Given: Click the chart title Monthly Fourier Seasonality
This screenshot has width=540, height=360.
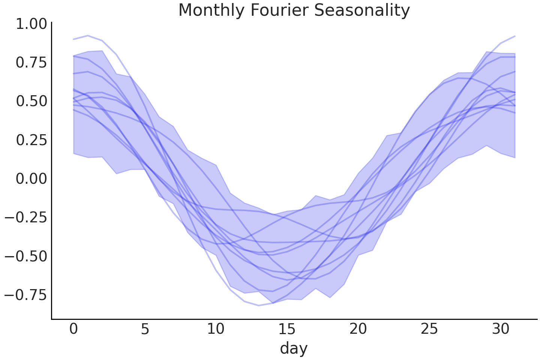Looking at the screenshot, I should [294, 10].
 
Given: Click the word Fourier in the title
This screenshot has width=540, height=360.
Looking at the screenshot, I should [279, 10].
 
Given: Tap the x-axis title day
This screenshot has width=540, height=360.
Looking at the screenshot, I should [294, 348].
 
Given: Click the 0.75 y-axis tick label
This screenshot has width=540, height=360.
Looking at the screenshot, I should [31, 63].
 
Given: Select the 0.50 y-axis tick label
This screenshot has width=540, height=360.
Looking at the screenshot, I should [31, 101].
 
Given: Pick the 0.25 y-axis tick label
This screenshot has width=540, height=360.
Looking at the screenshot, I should [31, 140].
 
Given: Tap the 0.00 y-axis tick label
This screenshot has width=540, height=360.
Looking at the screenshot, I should [31, 179].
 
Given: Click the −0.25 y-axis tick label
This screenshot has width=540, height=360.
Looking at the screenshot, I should [26, 217].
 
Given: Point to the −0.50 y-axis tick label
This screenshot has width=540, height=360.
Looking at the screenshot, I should [26, 256].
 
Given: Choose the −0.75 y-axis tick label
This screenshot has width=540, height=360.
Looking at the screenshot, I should [26, 295].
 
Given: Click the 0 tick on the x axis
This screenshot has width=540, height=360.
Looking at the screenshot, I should [73, 329].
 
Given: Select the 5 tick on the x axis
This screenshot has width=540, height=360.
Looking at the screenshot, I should [145, 329].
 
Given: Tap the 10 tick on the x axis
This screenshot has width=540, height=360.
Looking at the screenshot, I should [216, 329].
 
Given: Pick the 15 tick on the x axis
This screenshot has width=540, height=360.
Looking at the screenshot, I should [287, 329].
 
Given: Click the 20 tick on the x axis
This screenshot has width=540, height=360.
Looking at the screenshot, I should [358, 329].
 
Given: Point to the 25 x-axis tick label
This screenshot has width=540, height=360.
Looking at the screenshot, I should [429, 329].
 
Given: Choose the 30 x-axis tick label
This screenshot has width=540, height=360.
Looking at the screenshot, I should [500, 329].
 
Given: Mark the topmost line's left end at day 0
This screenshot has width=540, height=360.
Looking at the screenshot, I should [73, 39].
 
